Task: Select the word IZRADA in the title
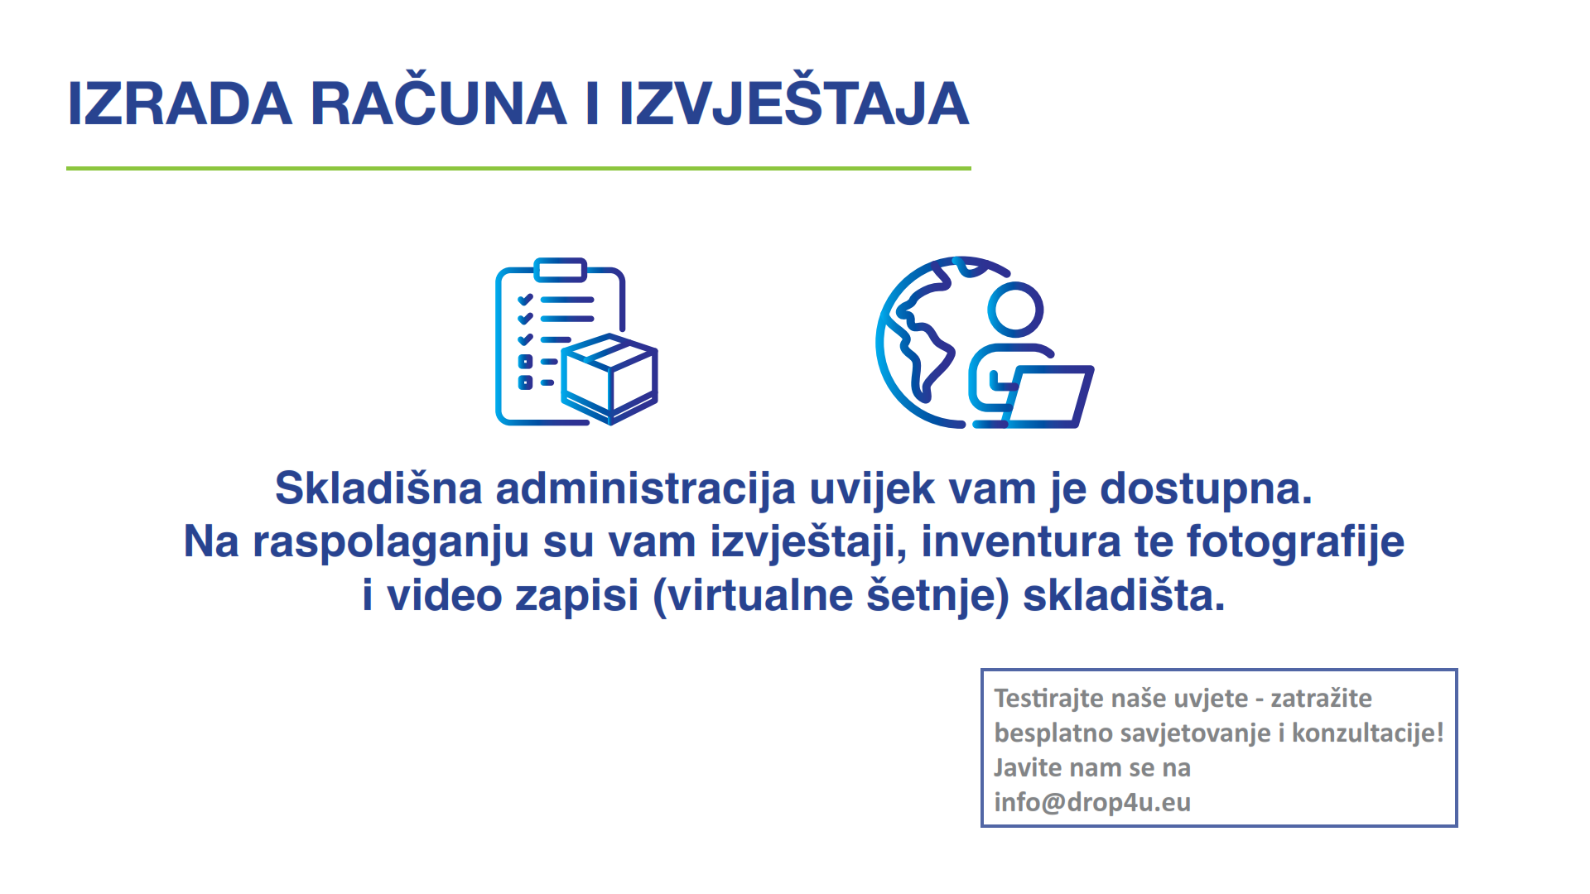tap(180, 104)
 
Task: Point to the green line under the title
tap(518, 168)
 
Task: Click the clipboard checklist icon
tap(576, 342)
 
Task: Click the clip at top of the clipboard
tap(561, 270)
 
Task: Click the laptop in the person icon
tap(1048, 397)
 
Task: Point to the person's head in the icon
tap(1015, 310)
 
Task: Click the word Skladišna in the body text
tap(378, 488)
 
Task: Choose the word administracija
tap(646, 489)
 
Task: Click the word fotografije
tap(1296, 543)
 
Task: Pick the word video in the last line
tap(445, 595)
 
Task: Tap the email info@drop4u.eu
tap(1092, 803)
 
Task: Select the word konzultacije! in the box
tap(1368, 733)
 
